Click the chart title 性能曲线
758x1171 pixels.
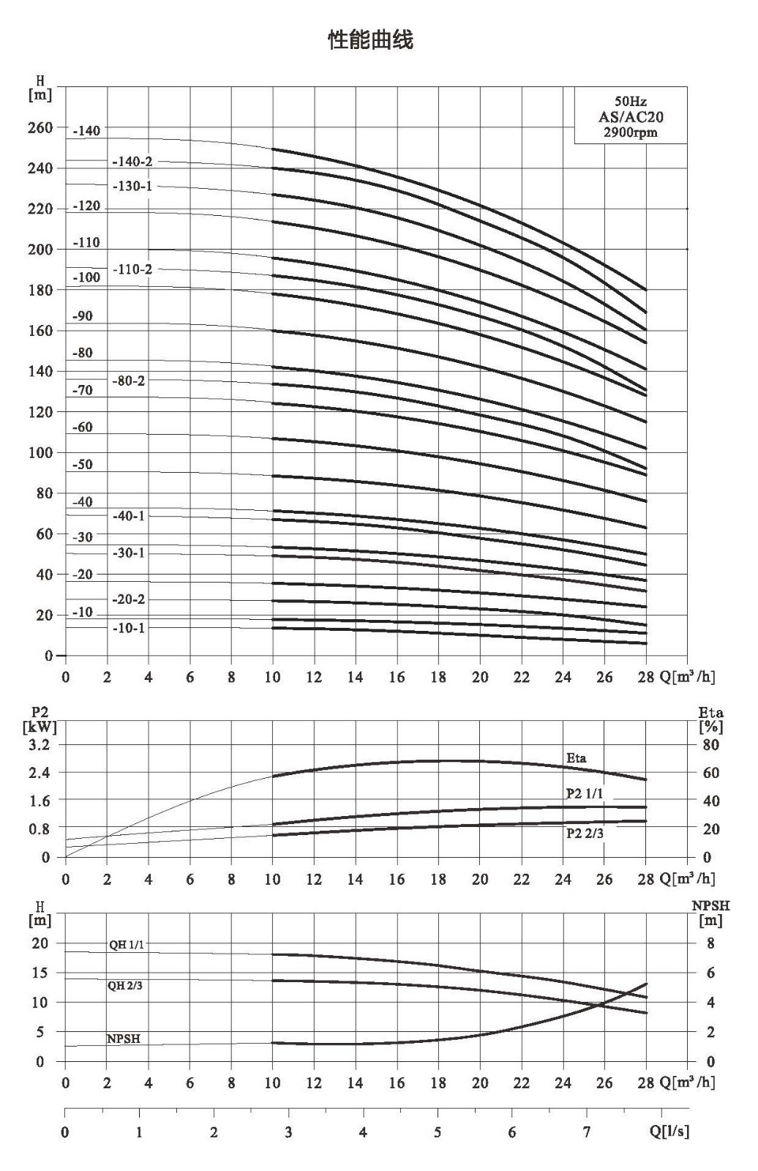click(x=371, y=40)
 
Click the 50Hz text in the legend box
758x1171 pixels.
click(x=631, y=102)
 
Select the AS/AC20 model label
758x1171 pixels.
click(x=631, y=116)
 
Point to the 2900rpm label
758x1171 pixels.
click(x=631, y=132)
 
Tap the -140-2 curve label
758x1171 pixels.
click(x=132, y=162)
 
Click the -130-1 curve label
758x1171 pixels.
click(x=132, y=186)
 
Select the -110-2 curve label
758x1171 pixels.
click(x=132, y=269)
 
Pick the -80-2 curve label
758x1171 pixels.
click(x=128, y=381)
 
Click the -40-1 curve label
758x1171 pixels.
click(x=128, y=516)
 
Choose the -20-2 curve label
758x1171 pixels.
click(x=128, y=599)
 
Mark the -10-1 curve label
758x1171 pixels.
click(x=128, y=628)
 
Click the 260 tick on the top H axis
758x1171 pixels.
click(x=40, y=127)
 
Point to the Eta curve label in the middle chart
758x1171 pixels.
click(x=576, y=758)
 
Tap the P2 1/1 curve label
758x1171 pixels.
click(x=585, y=793)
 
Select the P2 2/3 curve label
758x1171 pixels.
click(x=585, y=834)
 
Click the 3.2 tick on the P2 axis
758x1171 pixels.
click(x=40, y=744)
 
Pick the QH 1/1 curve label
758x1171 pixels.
click(x=126, y=945)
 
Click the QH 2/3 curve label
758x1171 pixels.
click(x=125, y=985)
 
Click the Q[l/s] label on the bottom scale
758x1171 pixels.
click(x=669, y=1130)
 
